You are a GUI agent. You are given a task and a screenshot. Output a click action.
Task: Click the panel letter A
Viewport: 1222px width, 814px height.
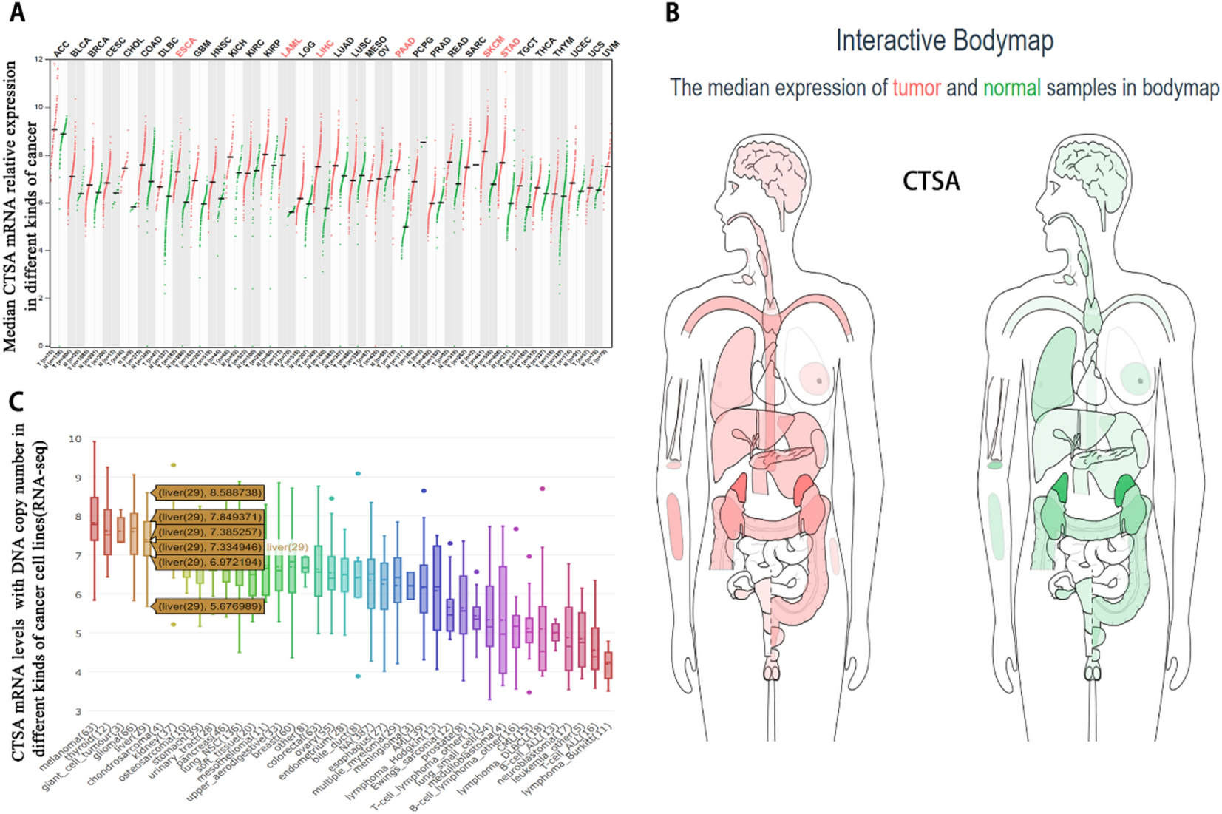(x=16, y=13)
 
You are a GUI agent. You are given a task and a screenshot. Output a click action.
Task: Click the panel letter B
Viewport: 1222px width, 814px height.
(x=672, y=13)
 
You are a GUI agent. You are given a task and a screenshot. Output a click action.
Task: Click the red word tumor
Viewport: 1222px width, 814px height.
(x=916, y=88)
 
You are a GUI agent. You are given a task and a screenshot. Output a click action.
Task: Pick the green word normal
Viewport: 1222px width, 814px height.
(x=1011, y=88)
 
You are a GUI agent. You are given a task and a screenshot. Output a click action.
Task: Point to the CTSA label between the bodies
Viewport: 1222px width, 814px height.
(x=931, y=181)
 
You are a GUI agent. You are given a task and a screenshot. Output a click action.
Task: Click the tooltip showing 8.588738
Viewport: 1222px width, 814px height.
(x=209, y=492)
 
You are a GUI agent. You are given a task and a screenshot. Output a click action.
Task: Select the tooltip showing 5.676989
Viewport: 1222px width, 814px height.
(x=209, y=606)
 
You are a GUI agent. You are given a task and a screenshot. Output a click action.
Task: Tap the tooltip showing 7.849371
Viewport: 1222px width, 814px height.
(x=209, y=517)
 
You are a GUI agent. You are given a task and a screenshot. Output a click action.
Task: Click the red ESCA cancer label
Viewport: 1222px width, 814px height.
(x=186, y=48)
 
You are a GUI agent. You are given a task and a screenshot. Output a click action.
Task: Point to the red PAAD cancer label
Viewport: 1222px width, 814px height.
(x=404, y=48)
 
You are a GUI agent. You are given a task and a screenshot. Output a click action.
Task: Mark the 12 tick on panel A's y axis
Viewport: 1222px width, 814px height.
(x=38, y=59)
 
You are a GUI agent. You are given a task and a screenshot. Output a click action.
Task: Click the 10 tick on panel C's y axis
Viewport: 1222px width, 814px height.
(x=75, y=439)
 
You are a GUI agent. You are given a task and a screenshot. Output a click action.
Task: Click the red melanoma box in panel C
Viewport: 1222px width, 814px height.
(x=94, y=519)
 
